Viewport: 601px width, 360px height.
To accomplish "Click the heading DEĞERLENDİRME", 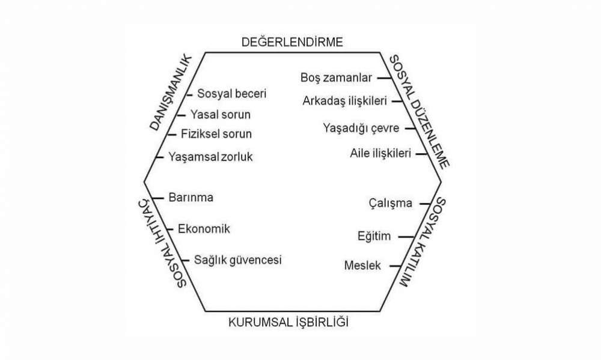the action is point(292,42).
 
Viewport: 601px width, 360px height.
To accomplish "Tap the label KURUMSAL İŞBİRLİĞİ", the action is point(288,322).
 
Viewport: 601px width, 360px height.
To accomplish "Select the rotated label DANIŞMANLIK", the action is point(170,93).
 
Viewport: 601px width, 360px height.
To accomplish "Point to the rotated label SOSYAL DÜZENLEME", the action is point(419,112).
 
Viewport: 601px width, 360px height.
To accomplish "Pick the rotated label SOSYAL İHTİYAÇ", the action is point(162,243).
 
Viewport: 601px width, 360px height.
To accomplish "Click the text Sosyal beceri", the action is point(231,94).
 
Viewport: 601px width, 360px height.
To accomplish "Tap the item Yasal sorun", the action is point(221,114).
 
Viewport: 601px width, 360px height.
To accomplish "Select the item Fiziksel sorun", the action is point(216,134).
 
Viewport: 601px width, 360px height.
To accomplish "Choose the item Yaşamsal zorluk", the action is point(210,157).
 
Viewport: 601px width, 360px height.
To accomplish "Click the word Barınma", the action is point(191,198).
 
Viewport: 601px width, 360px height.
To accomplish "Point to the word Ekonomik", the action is point(204,229).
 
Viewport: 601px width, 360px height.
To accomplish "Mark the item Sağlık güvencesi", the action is point(237,260).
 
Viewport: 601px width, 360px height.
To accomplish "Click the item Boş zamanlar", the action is point(336,78).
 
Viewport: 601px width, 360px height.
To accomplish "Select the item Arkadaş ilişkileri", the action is point(344,101).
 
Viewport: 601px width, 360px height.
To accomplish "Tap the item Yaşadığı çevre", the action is point(361,128).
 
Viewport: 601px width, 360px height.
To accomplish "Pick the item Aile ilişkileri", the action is point(380,153).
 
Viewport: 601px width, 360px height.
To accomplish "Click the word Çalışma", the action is point(391,203).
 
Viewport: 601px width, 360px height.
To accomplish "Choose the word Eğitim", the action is point(374,236).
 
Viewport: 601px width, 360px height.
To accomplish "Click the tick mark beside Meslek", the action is point(395,266).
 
